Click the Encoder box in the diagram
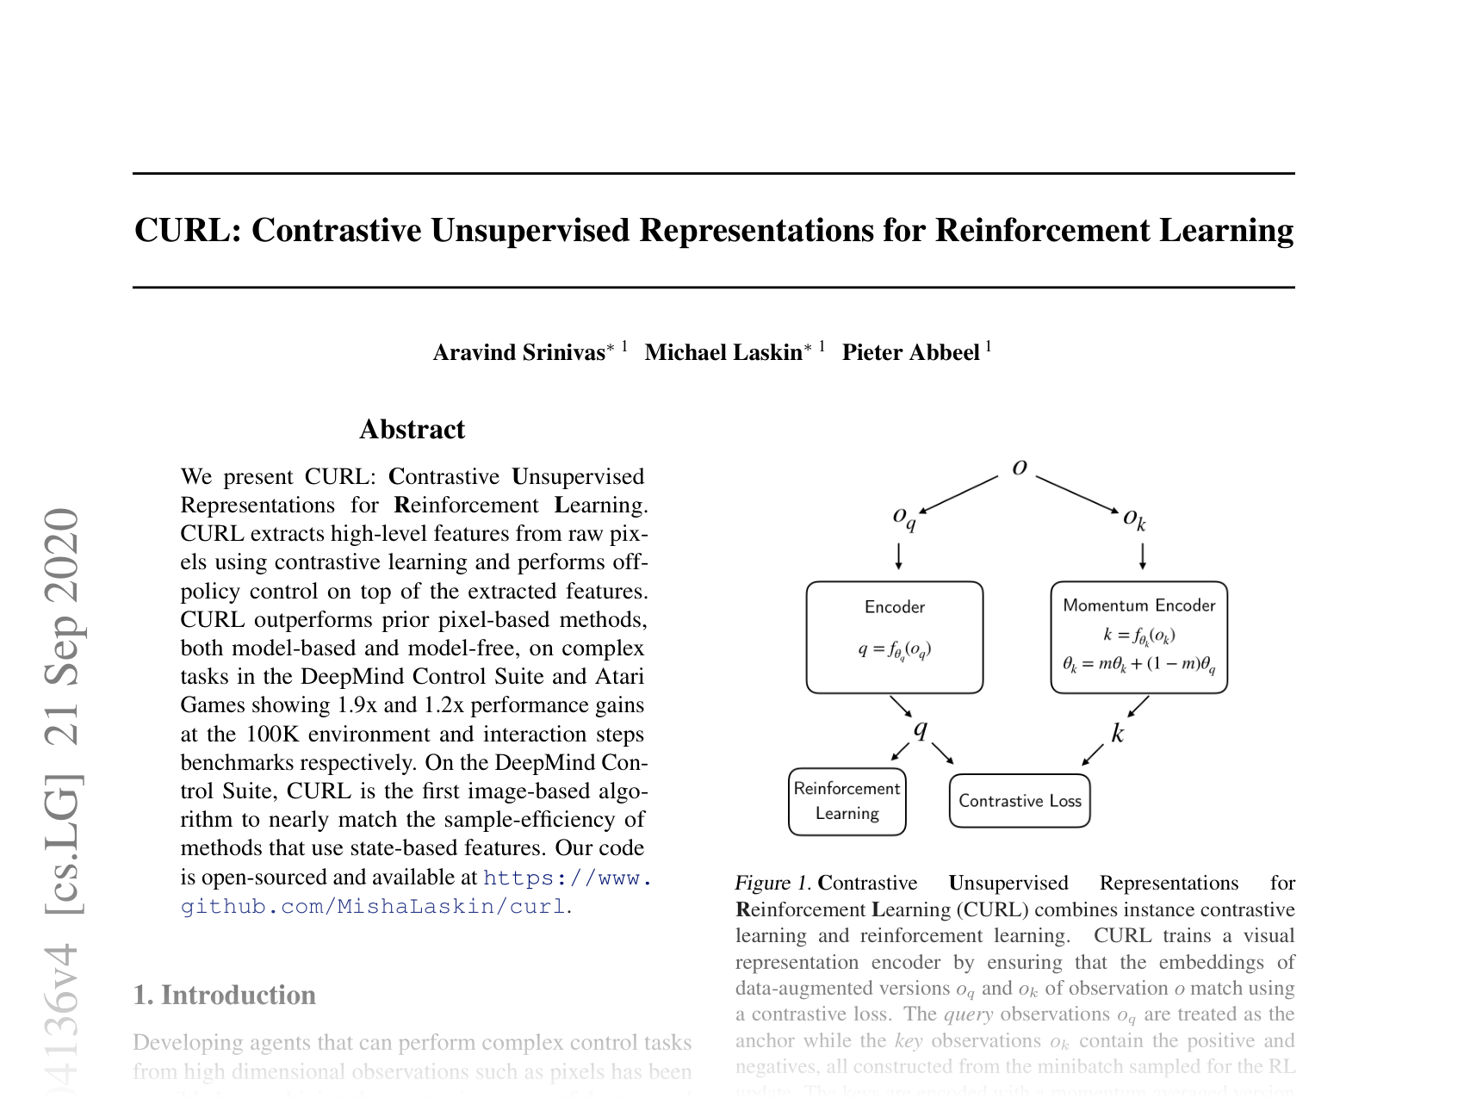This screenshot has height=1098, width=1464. pyautogui.click(x=894, y=637)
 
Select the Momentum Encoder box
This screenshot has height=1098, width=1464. pyautogui.click(x=1138, y=637)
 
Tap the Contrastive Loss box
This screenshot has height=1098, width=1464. pyautogui.click(x=1020, y=801)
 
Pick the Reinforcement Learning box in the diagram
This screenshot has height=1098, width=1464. pyautogui.click(x=847, y=801)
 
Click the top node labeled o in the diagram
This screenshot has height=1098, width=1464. pyautogui.click(x=1020, y=468)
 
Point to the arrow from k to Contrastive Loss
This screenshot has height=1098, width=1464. pyautogui.click(x=1093, y=754)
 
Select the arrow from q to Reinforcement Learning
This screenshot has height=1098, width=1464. pyautogui.click(x=900, y=752)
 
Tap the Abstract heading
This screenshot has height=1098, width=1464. pyautogui.click(x=412, y=429)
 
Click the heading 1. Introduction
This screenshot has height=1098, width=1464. pyautogui.click(x=224, y=995)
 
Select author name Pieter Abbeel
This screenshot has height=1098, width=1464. pyautogui.click(x=910, y=352)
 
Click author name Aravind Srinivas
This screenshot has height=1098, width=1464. pyautogui.click(x=518, y=352)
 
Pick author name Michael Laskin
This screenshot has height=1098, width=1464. pyautogui.click(x=723, y=352)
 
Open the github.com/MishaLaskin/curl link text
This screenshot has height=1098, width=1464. pyautogui.click(x=374, y=906)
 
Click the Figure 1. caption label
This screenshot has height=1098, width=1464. pyautogui.click(x=772, y=883)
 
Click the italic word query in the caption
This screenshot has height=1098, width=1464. pyautogui.click(x=968, y=1014)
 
